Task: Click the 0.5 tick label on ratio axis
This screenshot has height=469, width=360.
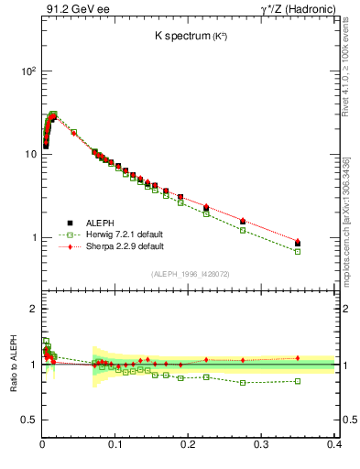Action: pyautogui.click(x=27, y=420)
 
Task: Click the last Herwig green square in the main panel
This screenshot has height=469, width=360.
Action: pyautogui.click(x=322, y=251)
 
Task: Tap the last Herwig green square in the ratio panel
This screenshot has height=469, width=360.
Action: pyautogui.click(x=322, y=381)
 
